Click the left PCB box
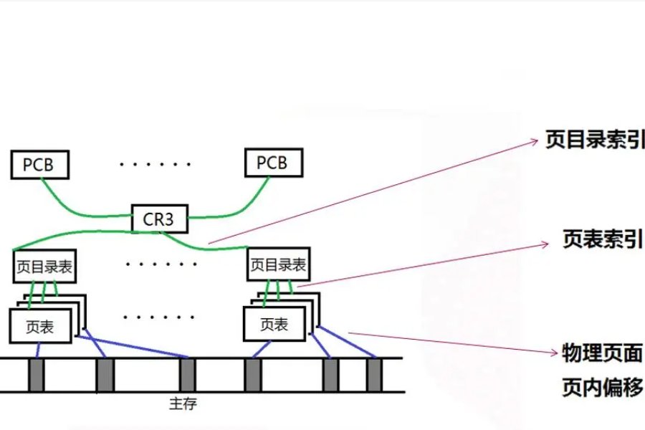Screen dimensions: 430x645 pos(42,164)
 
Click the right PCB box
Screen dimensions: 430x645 pos(272,163)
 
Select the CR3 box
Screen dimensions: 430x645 pos(158,219)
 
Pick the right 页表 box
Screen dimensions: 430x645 pos(274,324)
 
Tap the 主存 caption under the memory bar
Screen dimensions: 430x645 pos(183,404)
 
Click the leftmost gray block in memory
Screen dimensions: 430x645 pos(37,375)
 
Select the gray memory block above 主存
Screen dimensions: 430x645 pos(187,375)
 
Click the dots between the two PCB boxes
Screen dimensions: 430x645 pos(156,164)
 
